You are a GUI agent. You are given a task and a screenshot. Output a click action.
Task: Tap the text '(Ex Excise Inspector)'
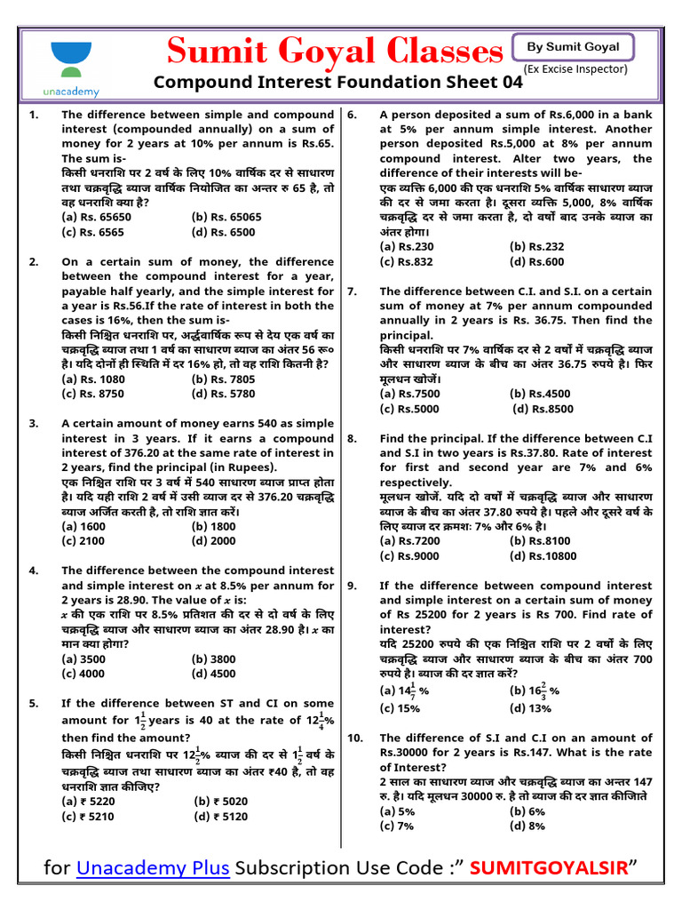click(x=575, y=68)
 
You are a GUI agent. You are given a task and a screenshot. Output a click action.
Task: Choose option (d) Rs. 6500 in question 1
click(x=223, y=232)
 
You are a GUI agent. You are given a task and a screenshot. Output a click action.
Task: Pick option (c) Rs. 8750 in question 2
click(x=94, y=393)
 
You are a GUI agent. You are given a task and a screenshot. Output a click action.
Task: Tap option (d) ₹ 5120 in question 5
click(x=220, y=815)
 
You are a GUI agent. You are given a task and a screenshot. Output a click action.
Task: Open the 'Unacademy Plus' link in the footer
click(x=154, y=868)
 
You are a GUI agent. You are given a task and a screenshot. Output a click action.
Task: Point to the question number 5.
click(x=33, y=703)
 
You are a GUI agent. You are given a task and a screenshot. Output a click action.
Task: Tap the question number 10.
click(x=355, y=738)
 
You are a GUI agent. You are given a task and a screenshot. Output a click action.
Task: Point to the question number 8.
click(x=353, y=439)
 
